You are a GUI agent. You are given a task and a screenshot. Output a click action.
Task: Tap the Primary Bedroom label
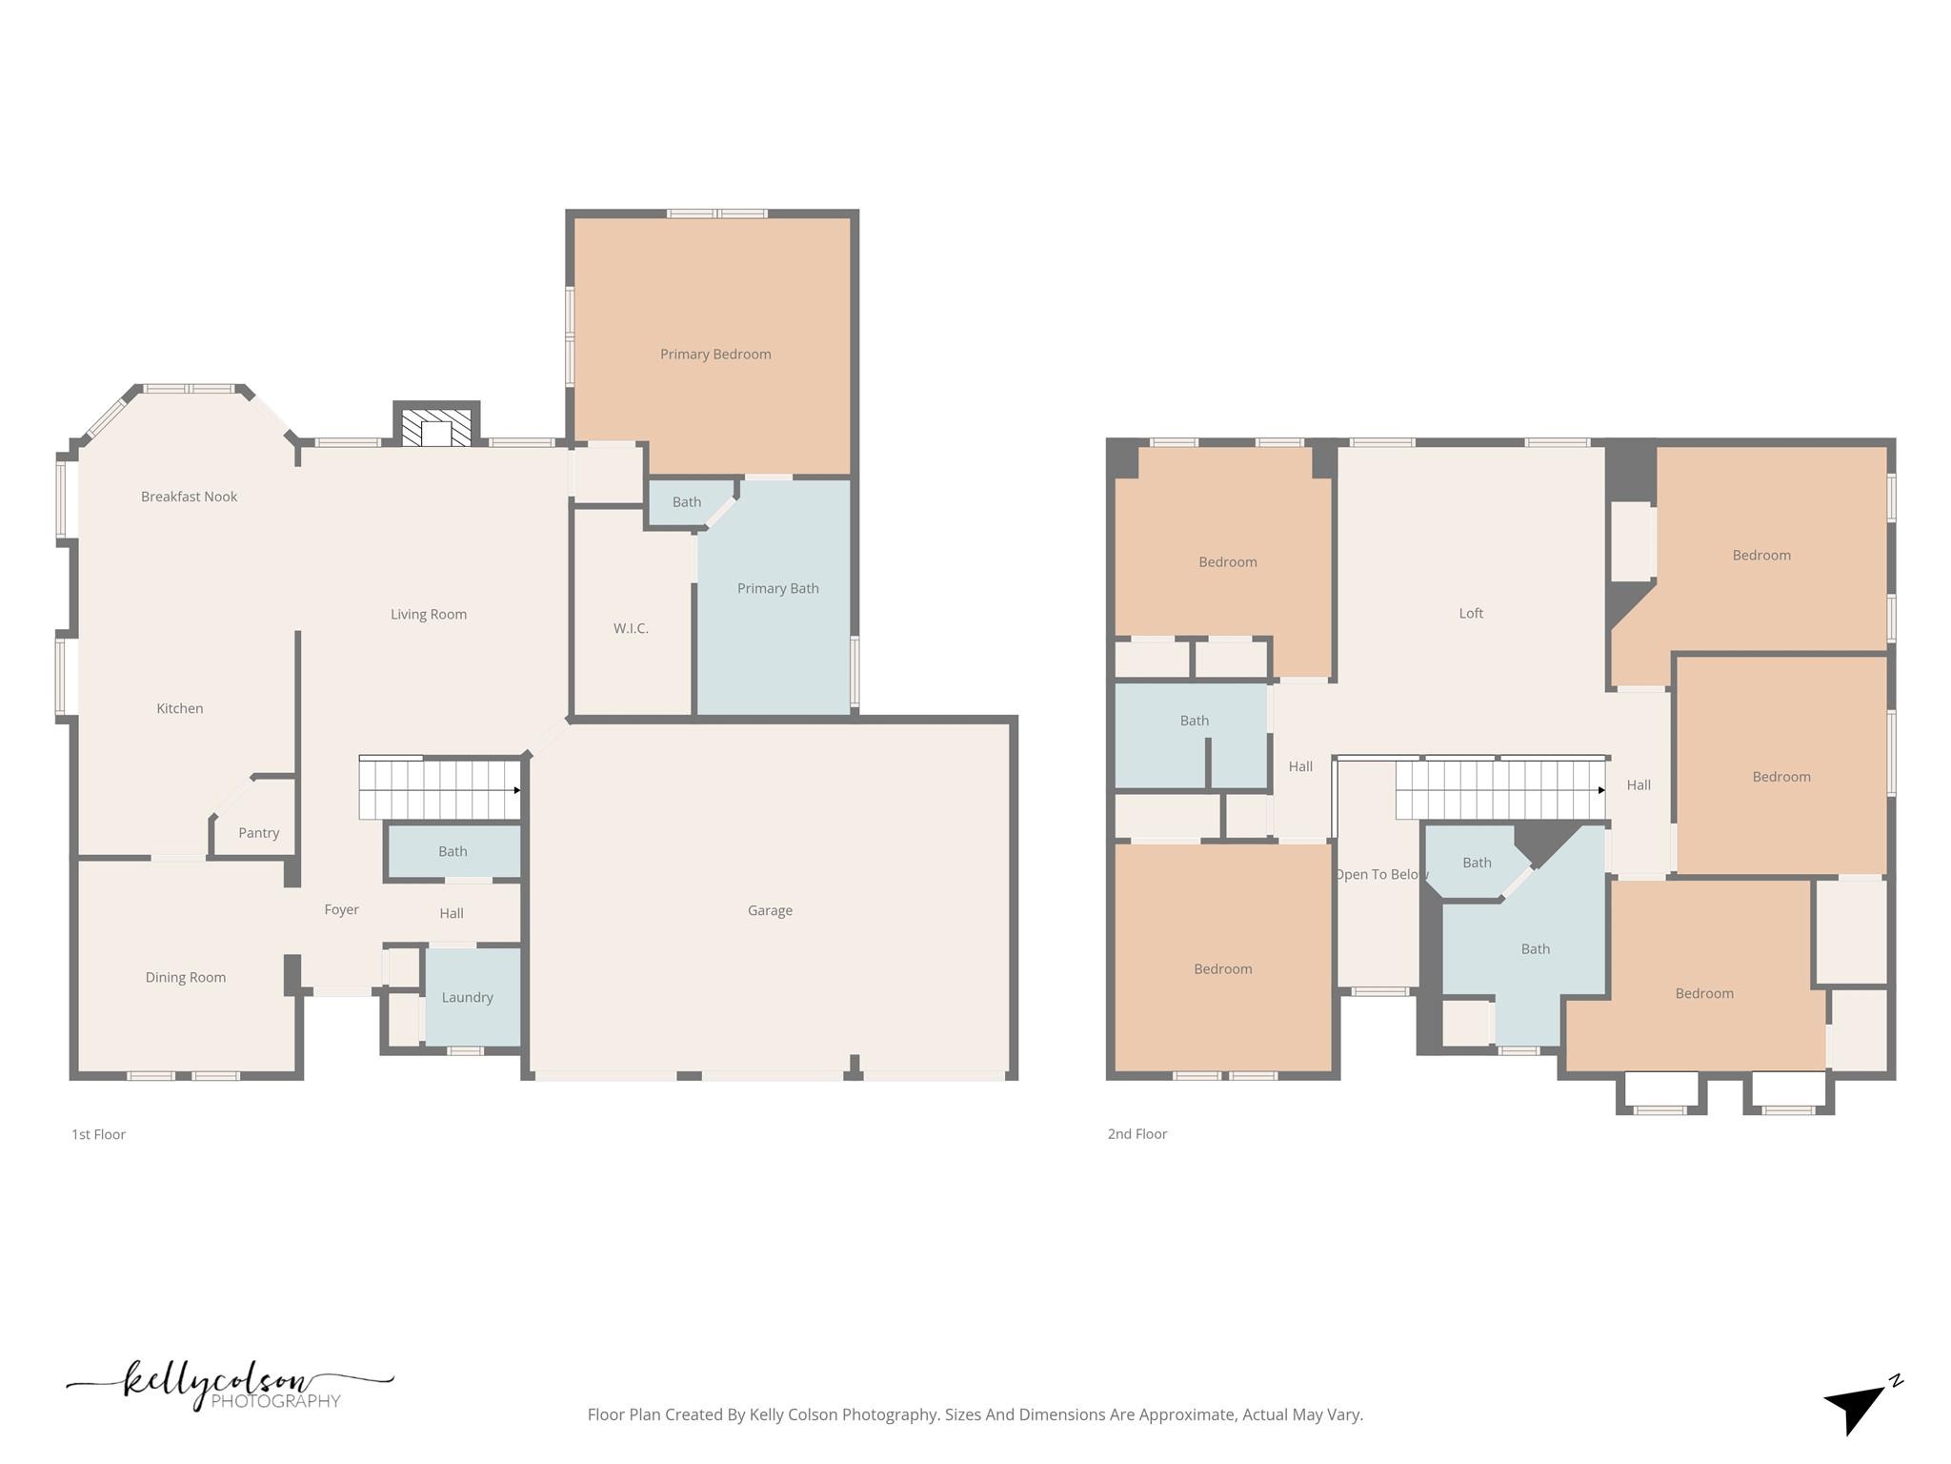[x=715, y=355]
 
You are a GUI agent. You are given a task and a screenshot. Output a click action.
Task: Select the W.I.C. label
[x=631, y=629]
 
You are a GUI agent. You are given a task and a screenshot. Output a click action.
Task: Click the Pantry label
[x=258, y=833]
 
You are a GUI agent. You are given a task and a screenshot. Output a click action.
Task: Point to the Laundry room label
[x=467, y=998]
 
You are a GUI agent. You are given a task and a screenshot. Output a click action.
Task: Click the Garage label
[x=770, y=911]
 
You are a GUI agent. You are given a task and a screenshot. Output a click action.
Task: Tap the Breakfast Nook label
[x=189, y=497]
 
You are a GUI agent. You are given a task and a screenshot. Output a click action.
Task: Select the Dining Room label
[x=186, y=978]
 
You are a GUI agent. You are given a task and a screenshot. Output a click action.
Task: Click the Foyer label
[x=341, y=910]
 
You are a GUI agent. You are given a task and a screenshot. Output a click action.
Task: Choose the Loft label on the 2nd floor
[x=1471, y=614]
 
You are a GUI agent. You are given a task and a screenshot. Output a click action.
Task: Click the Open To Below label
[x=1380, y=875]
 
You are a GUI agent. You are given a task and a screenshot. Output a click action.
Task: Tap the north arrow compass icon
[x=1858, y=1407]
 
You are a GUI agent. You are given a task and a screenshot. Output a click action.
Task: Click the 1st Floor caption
[x=98, y=1134]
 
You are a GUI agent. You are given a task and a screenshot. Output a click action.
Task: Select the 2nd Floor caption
[x=1136, y=1134]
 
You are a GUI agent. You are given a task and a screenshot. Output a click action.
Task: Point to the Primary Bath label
[x=777, y=589]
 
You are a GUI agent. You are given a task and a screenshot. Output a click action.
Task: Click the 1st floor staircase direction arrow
[x=517, y=790]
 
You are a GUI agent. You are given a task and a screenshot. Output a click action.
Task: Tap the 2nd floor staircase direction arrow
[x=1601, y=790]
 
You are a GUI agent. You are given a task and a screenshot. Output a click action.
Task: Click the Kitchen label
[x=179, y=709]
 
